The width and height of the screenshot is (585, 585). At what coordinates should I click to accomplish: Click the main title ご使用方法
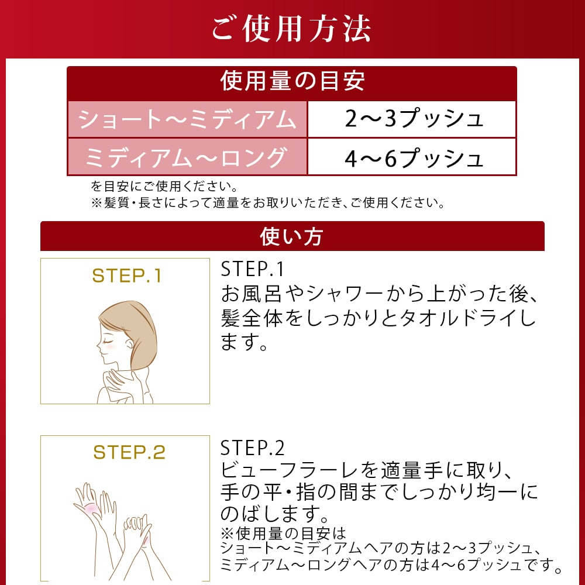point(291,28)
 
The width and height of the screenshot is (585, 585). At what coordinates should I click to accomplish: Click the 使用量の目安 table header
point(292,81)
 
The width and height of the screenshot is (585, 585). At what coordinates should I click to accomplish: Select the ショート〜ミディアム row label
point(187,119)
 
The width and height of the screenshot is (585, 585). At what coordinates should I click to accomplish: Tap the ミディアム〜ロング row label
point(187,157)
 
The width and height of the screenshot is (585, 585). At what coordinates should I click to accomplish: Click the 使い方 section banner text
point(291,237)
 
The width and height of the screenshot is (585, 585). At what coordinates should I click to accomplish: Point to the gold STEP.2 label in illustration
point(129,452)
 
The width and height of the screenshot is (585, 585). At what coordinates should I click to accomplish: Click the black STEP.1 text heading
point(252,269)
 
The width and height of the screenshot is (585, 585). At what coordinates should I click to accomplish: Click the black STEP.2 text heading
point(252,448)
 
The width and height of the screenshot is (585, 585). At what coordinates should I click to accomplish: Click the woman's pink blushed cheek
point(111,346)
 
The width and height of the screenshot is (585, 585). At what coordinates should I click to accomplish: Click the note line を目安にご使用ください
point(164,188)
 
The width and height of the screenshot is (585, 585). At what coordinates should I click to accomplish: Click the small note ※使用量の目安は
point(284,534)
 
